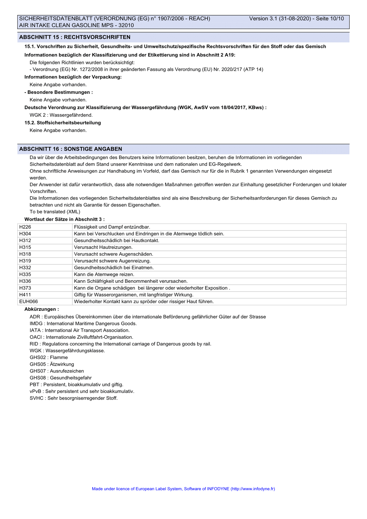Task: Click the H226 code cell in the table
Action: click(25, 227)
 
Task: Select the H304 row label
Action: click(25, 234)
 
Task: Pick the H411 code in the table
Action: click(25, 295)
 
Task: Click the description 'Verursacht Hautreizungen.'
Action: click(103, 247)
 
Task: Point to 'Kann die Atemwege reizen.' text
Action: click(104, 274)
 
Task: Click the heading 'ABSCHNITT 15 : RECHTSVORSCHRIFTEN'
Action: click(75, 37)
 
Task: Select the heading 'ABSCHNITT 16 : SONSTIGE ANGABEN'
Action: click(71, 149)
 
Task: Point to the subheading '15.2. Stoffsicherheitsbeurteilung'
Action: click(62, 123)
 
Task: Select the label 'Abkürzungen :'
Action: click(42, 309)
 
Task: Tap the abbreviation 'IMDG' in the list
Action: click(36, 324)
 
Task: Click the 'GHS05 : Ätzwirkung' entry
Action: click(52, 364)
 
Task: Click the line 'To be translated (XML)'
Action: click(55, 212)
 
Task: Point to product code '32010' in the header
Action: click(126, 25)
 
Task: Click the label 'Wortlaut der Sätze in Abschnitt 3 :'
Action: click(65, 219)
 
